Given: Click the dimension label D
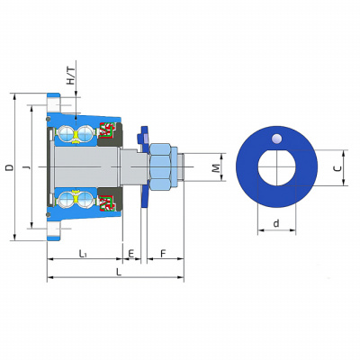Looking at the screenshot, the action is tap(10, 167).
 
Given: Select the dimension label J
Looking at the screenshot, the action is tap(27, 166).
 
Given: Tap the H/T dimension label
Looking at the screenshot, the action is tap(71, 76).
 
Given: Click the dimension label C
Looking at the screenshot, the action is tap(338, 168).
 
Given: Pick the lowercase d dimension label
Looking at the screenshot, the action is tap(276, 223).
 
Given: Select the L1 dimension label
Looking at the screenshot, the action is tap(83, 254).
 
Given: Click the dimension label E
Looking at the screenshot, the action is tap(131, 254).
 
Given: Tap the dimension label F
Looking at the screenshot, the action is tap(163, 254).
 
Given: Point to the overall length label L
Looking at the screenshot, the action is tap(119, 272).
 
